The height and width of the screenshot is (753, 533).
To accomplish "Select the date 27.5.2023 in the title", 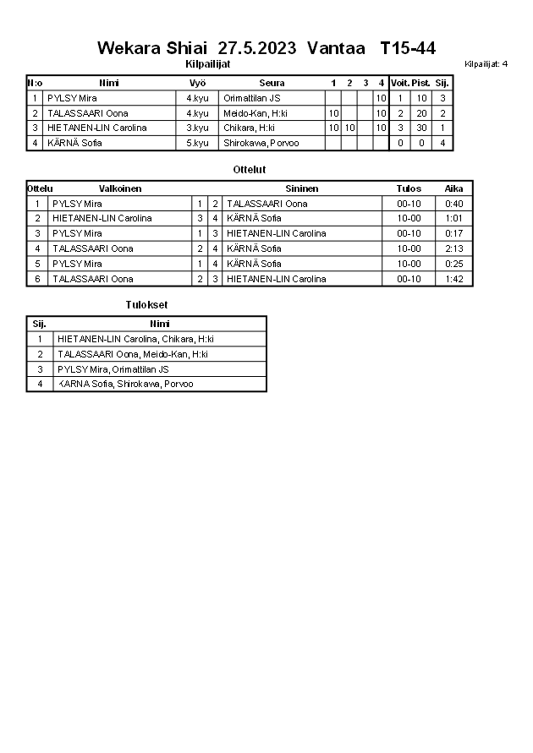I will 256,48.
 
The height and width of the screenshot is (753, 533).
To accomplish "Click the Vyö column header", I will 198,83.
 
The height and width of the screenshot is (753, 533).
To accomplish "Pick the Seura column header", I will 272,83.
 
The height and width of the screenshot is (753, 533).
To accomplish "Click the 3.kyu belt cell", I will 197,128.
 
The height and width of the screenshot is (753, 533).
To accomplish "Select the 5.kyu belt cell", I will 197,143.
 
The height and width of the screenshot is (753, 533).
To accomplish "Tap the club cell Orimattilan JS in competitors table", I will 251,98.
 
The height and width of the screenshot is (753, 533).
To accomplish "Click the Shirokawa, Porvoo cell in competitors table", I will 261,143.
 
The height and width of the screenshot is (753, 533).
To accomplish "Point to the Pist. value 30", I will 421,128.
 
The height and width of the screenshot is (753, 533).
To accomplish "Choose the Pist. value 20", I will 421,113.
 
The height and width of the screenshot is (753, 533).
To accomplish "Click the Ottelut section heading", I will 250,170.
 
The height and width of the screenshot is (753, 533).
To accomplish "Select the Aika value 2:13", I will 454,248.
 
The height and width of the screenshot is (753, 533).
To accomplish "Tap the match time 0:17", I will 454,233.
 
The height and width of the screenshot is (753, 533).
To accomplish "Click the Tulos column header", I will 409,188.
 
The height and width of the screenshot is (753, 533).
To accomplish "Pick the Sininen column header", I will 301,188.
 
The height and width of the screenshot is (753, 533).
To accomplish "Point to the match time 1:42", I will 454,279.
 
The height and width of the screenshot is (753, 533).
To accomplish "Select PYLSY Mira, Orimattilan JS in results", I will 113,369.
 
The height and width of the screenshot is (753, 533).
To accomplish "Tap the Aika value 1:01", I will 454,218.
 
